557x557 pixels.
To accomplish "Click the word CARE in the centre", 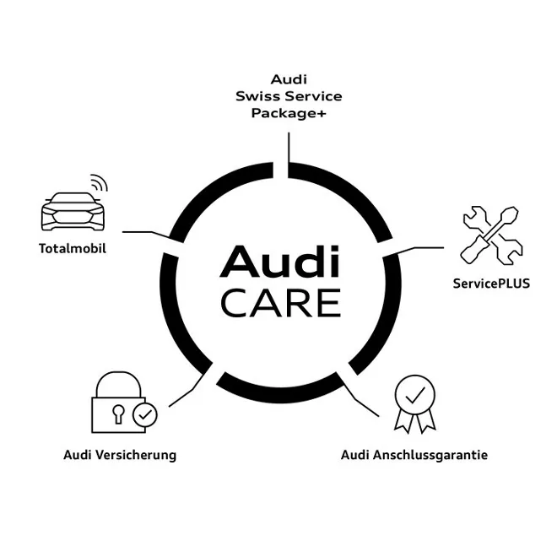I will pyautogui.click(x=280, y=302).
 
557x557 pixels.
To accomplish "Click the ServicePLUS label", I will pyautogui.click(x=491, y=284).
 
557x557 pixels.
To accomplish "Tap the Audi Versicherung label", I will pyautogui.click(x=120, y=455).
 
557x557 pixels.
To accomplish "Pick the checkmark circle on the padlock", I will pyautogui.click(x=146, y=414).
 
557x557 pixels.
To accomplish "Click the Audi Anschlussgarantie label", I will pyautogui.click(x=414, y=455).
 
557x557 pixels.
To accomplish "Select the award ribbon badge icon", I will pyautogui.click(x=415, y=403).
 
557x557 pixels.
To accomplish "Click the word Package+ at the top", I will pyautogui.click(x=288, y=113).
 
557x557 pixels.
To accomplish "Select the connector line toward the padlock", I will pyautogui.click(x=187, y=392).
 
